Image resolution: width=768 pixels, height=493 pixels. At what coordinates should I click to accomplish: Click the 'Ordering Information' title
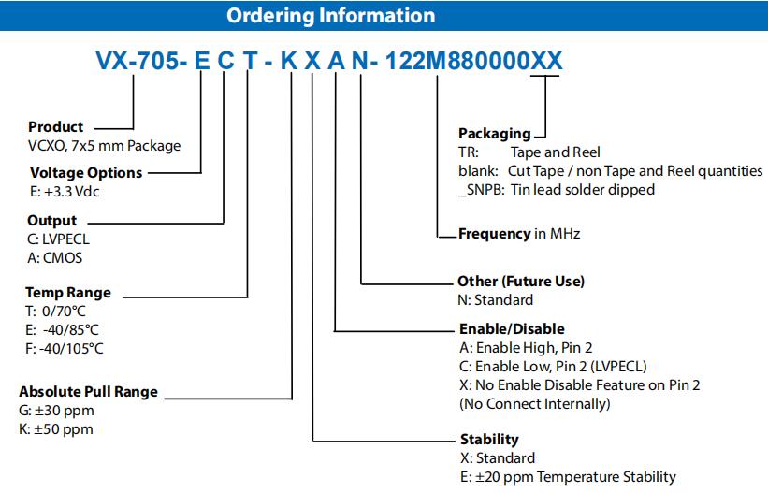(330, 16)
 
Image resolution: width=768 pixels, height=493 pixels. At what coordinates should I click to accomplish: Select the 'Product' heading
(56, 127)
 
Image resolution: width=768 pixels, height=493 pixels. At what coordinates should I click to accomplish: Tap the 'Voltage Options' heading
(86, 173)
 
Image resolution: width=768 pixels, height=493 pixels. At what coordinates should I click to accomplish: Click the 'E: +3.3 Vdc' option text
(65, 192)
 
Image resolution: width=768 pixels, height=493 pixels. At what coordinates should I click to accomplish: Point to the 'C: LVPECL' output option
(59, 239)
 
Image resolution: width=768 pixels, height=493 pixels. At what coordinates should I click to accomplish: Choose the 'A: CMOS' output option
(55, 258)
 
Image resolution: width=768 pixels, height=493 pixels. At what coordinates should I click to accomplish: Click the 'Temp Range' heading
(68, 293)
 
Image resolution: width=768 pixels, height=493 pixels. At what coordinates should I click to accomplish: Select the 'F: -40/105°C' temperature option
(65, 349)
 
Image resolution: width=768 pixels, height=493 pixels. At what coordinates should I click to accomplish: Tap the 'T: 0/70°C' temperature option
(55, 312)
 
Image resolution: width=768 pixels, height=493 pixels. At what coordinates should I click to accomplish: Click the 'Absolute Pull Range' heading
(89, 392)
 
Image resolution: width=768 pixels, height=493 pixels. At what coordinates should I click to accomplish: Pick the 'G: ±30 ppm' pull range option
(56, 411)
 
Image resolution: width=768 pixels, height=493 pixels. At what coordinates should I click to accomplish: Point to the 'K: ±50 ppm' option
(56, 429)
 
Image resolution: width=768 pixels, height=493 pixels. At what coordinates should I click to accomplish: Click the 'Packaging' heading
(495, 134)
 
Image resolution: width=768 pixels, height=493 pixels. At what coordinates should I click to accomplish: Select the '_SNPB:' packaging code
(482, 190)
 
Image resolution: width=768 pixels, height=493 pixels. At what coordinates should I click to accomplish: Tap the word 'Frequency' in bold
(494, 234)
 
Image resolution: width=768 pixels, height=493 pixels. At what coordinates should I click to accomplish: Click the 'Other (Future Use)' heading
(521, 282)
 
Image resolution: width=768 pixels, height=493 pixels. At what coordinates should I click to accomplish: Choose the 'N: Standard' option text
(496, 300)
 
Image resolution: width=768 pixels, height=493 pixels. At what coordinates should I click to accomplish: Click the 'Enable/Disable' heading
(512, 329)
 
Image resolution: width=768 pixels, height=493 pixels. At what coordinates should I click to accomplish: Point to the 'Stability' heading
(489, 439)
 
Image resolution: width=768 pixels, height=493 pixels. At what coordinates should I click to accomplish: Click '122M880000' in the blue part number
(457, 61)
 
